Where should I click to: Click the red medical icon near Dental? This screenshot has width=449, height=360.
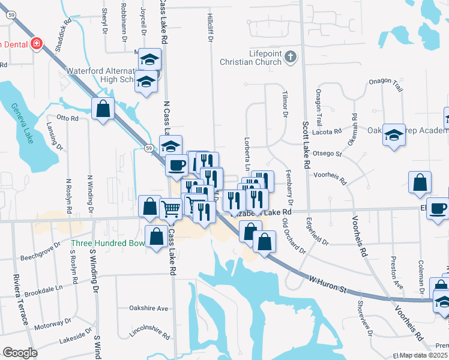tap(37, 44)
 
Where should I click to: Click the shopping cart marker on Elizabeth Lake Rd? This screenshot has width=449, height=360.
tap(171, 209)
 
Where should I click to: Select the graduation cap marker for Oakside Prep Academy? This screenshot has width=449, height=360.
tap(394, 134)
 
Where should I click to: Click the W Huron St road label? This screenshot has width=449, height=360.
tap(328, 284)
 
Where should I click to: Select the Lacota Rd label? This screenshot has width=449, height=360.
tap(328, 131)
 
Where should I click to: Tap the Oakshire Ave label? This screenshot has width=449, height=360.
tap(148, 308)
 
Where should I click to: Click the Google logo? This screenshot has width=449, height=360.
tap(20, 353)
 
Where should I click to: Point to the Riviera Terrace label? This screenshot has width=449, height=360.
tap(20, 300)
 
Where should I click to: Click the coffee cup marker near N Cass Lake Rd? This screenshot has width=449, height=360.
tap(176, 165)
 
